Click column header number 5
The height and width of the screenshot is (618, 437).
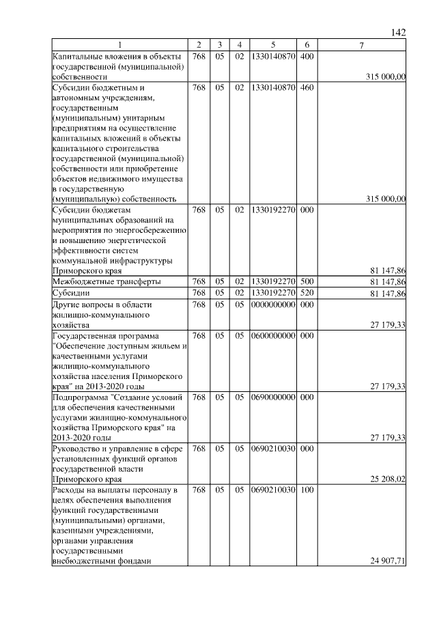click(272, 45)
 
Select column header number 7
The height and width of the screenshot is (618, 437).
click(362, 45)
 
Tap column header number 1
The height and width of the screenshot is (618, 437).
click(120, 45)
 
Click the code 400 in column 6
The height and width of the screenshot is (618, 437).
click(306, 55)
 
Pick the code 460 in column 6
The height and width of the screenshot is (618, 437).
click(306, 88)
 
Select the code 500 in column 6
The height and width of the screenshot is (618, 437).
click(306, 281)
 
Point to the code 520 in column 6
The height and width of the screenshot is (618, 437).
click(306, 293)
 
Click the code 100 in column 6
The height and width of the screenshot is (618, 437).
click(306, 490)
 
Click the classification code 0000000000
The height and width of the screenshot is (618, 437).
click(272, 305)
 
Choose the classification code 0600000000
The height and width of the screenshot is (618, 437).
click(272, 336)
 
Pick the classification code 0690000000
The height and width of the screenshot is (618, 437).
click(272, 397)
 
